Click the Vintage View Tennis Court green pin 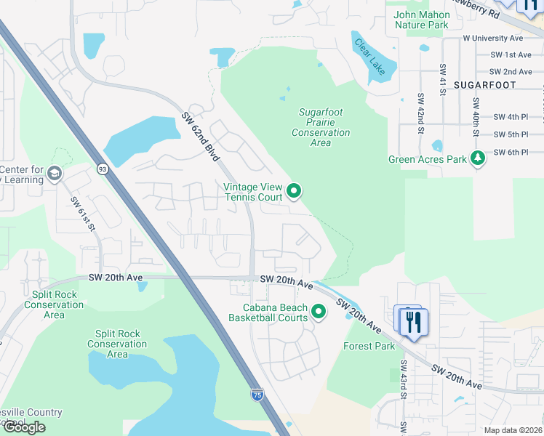(x=294, y=191)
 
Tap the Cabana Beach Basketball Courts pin (x=319, y=312)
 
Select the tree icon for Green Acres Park (x=477, y=158)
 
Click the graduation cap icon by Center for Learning (x=55, y=174)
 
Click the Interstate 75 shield (x=257, y=395)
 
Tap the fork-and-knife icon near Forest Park (x=413, y=321)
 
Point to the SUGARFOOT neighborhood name (x=484, y=85)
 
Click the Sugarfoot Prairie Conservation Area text (x=321, y=127)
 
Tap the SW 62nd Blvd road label (x=201, y=132)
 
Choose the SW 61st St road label (x=83, y=214)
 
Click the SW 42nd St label (x=420, y=113)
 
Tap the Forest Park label (x=369, y=347)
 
